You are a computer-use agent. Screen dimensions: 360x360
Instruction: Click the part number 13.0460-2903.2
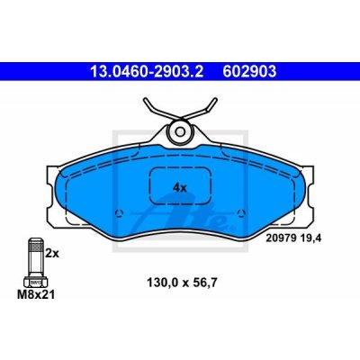(147, 72)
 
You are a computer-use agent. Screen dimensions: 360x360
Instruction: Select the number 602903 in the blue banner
(249, 72)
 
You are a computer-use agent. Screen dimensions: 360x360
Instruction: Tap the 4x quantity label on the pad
(180, 188)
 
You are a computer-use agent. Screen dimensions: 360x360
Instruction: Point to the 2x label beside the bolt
(52, 254)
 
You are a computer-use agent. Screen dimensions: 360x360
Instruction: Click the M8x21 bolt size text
(36, 294)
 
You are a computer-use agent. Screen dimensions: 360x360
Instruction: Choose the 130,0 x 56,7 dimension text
(182, 283)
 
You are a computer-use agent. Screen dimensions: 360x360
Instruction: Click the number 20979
(282, 238)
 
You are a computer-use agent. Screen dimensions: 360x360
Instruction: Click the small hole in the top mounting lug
(180, 131)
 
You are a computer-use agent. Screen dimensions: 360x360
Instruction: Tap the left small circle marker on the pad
(119, 212)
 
